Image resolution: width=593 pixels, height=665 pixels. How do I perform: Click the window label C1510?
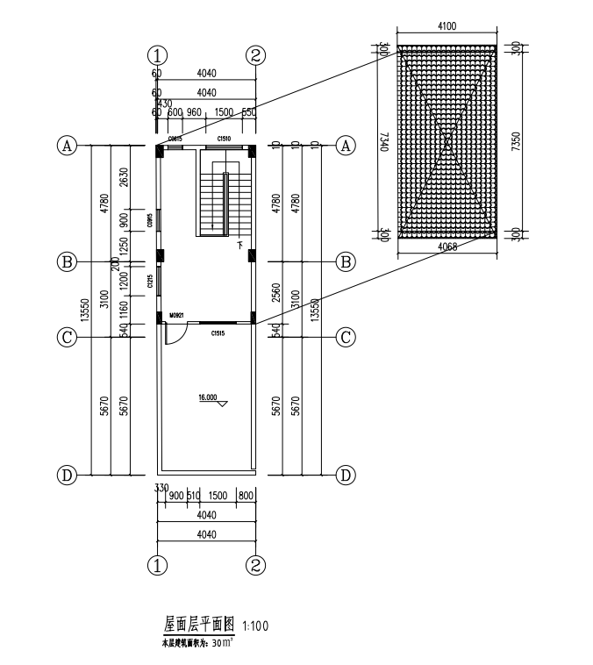click(x=224, y=139)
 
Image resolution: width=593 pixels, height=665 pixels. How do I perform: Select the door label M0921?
click(x=176, y=315)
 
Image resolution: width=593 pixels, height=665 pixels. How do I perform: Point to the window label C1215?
click(x=151, y=282)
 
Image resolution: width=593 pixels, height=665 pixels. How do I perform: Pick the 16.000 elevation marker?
click(x=209, y=398)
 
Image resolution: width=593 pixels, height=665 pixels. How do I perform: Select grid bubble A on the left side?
click(x=65, y=146)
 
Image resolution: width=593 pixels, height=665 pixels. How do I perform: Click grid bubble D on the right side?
click(x=347, y=476)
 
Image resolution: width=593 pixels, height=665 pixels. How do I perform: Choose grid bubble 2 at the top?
click(x=256, y=55)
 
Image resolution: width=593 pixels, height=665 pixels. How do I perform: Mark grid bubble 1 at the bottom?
click(x=157, y=565)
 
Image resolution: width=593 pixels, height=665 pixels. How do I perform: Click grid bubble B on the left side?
click(x=65, y=261)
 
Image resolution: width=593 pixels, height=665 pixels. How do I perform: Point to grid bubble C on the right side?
click(x=347, y=336)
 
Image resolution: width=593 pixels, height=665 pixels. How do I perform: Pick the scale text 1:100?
click(x=254, y=626)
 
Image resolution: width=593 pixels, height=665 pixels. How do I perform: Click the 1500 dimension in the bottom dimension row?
click(x=217, y=496)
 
